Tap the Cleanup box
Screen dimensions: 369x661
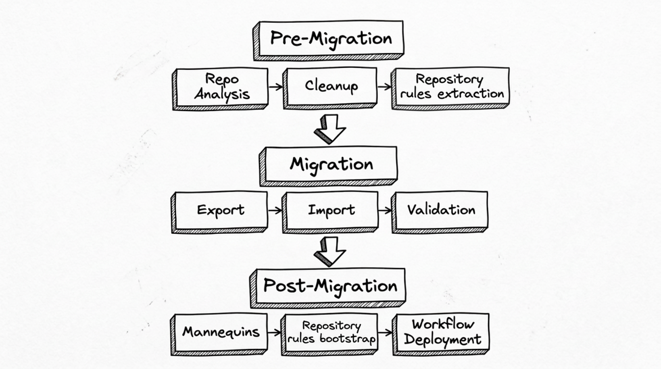click(x=331, y=86)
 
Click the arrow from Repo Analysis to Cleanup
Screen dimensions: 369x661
click(x=276, y=87)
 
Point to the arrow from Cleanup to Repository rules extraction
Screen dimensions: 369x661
click(x=384, y=87)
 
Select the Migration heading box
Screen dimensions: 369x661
click(x=330, y=164)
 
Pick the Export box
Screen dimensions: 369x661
click(x=221, y=210)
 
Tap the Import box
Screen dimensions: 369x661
click(x=331, y=210)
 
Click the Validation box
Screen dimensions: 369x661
click(x=441, y=210)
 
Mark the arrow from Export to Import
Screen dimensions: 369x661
click(x=275, y=210)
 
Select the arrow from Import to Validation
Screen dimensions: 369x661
click(x=385, y=210)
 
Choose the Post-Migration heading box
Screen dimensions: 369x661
click(x=330, y=286)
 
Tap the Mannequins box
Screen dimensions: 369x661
click(x=220, y=332)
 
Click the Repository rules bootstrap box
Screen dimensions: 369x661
click(x=331, y=332)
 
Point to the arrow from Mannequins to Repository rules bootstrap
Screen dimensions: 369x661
click(x=274, y=332)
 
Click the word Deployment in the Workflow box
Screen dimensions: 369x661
click(x=442, y=340)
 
